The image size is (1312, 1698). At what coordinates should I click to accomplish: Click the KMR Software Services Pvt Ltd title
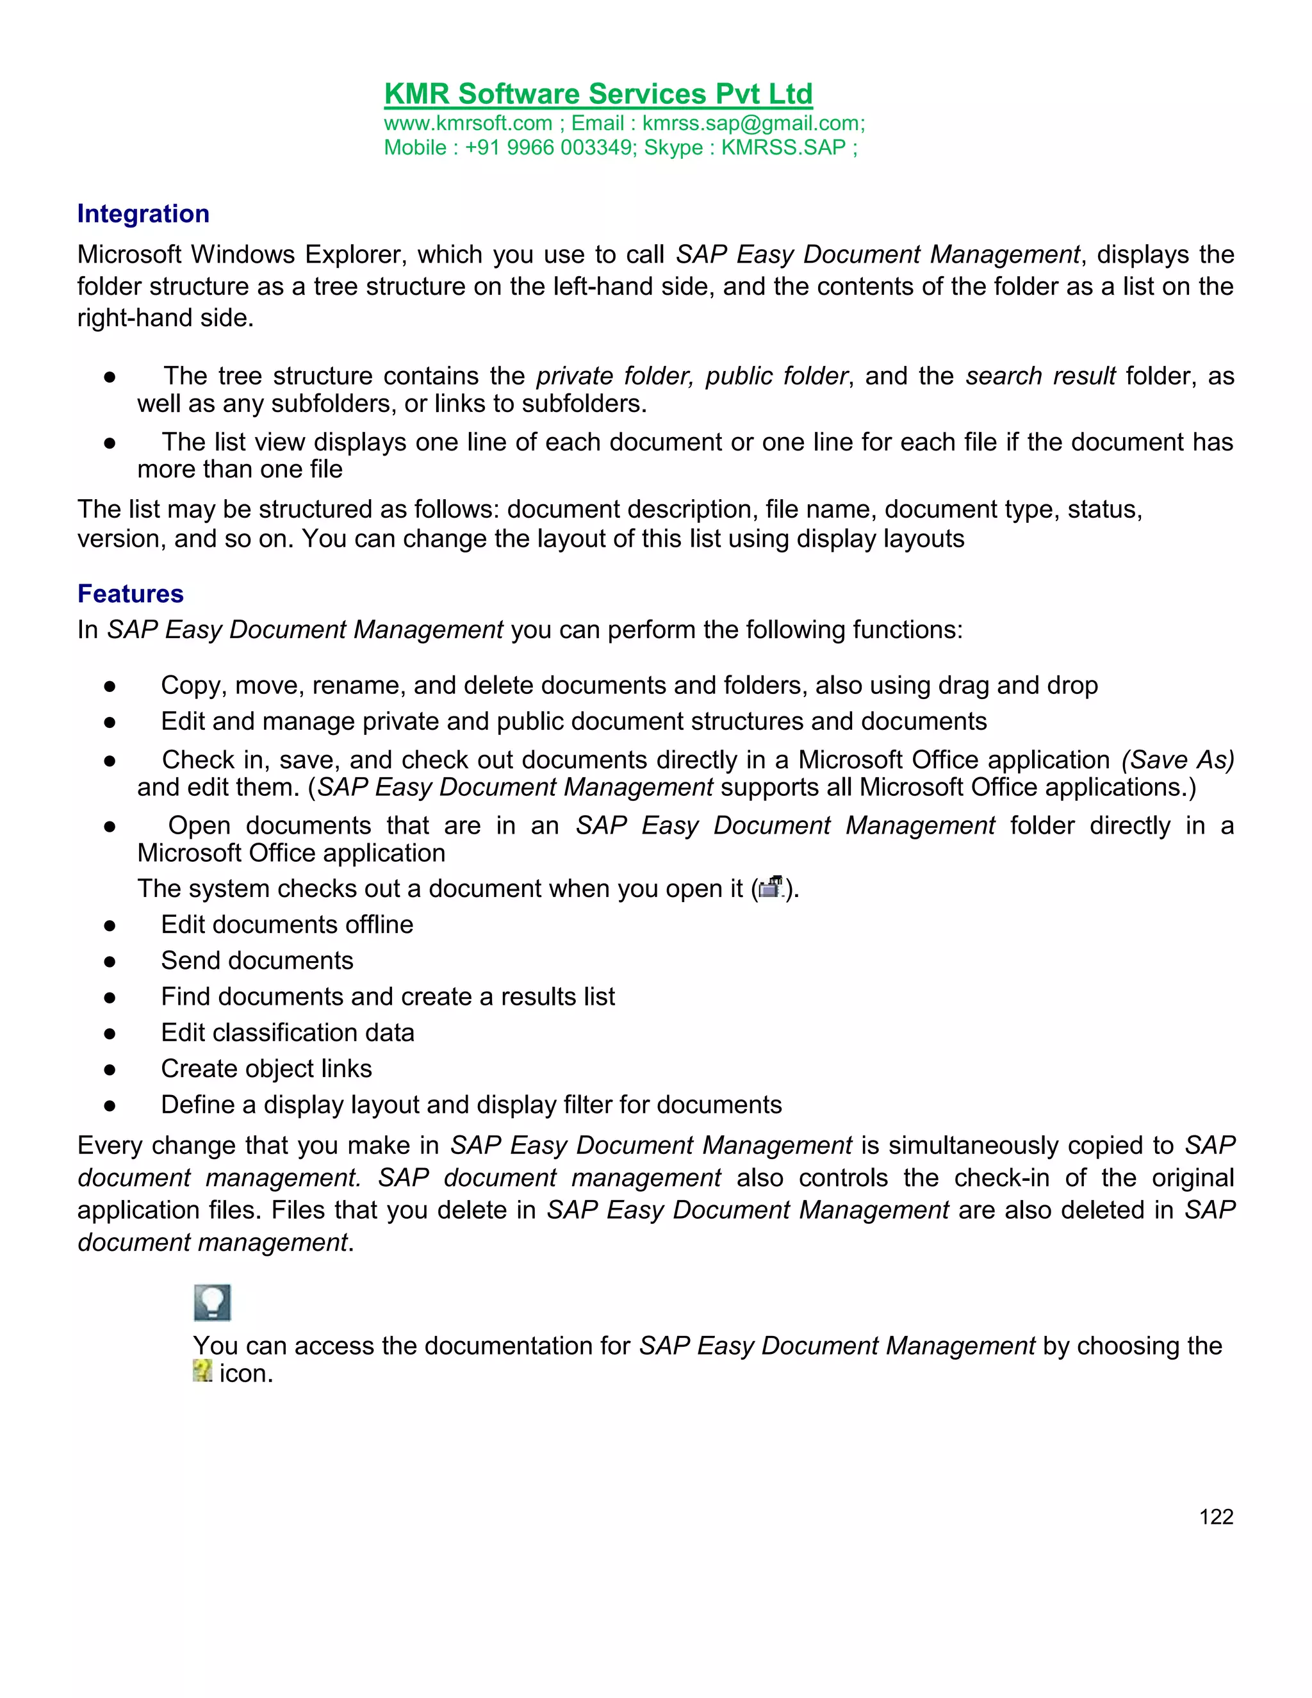click(x=598, y=94)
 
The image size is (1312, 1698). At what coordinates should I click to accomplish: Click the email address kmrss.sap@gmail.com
click(x=752, y=124)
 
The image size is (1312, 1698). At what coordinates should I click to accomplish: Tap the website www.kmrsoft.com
click(x=468, y=124)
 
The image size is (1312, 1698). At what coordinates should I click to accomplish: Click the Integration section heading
click(x=143, y=214)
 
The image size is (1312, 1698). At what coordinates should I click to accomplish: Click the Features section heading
click(x=131, y=594)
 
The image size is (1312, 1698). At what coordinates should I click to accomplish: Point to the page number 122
click(x=1216, y=1517)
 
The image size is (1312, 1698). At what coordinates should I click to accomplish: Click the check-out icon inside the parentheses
click(x=770, y=887)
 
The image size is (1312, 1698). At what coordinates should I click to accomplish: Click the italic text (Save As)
click(x=1177, y=759)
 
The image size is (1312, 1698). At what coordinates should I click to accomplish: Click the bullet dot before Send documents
click(x=110, y=962)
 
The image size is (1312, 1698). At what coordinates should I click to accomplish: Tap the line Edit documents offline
click(x=287, y=925)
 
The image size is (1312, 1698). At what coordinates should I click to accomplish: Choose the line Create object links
click(x=266, y=1069)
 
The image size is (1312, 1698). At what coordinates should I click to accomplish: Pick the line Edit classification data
click(x=287, y=1032)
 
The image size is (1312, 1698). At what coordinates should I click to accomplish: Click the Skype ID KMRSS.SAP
click(x=783, y=148)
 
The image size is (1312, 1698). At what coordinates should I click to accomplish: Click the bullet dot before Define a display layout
click(x=110, y=1105)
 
